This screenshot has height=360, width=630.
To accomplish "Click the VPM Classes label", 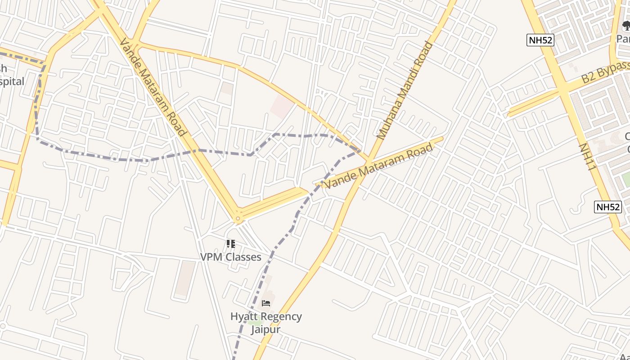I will [x=230, y=257].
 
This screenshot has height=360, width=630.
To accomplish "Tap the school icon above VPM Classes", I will [x=231, y=244].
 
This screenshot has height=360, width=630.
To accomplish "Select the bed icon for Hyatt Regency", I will [x=266, y=303].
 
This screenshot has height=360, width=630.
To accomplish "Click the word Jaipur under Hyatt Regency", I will [x=265, y=329].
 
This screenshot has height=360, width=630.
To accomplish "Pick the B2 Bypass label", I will [x=605, y=72].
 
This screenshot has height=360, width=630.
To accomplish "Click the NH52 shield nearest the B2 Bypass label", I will [x=540, y=40].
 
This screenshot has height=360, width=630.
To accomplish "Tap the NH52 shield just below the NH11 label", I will [x=607, y=207].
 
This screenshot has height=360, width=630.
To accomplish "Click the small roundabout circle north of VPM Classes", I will [x=238, y=219].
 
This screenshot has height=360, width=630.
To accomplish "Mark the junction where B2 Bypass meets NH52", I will [x=563, y=90].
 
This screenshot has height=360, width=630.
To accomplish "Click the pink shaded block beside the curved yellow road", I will [x=282, y=106].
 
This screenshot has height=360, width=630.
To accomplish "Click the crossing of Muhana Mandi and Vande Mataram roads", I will [x=368, y=162].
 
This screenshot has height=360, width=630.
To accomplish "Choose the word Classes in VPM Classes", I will [x=243, y=257].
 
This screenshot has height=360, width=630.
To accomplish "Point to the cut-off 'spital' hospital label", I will [x=12, y=81].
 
